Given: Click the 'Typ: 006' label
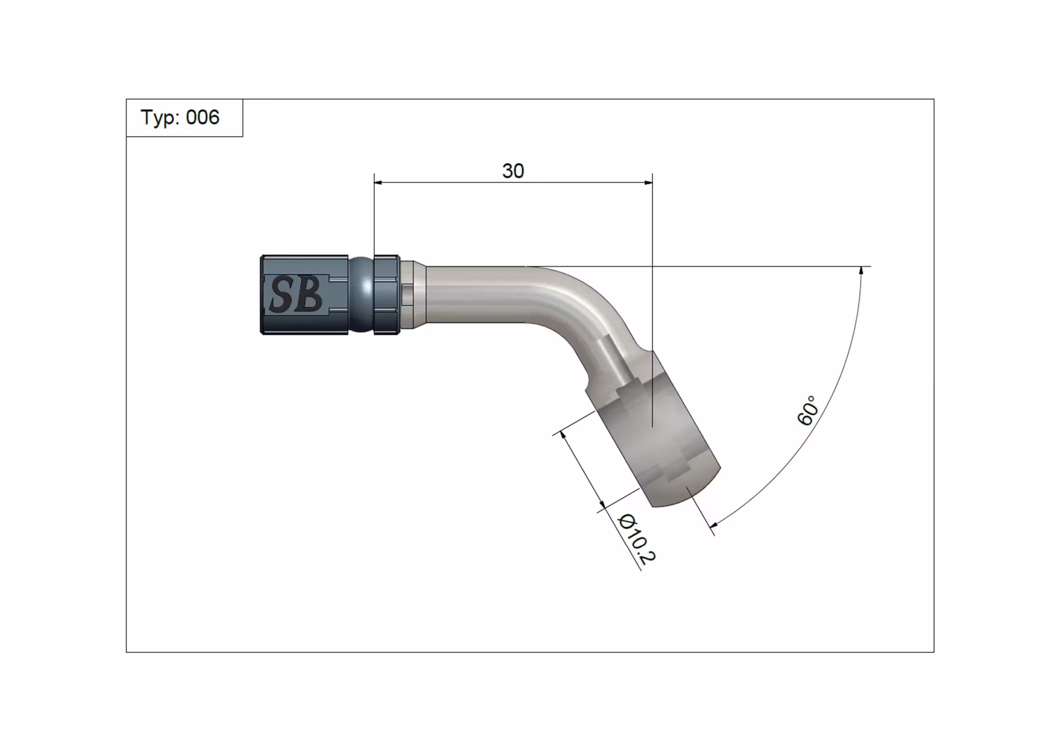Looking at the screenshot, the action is pos(180,118).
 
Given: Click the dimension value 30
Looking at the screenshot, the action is pos(513,171).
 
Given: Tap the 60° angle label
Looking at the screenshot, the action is pos(808,410).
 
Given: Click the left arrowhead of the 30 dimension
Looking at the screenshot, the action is pos(378,182).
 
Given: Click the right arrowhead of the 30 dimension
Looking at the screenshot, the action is pos(648,182).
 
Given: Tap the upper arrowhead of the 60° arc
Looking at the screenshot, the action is pos(861,271).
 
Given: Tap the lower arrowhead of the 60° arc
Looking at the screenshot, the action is pos(713,524).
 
